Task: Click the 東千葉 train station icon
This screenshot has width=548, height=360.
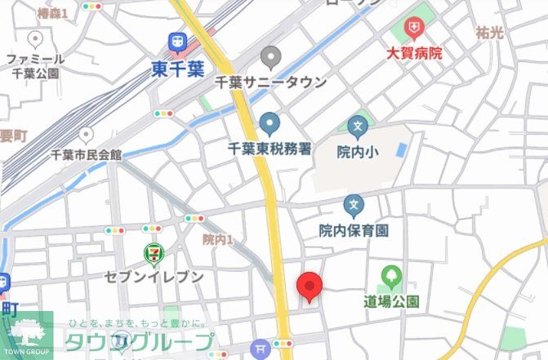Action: click(176, 41)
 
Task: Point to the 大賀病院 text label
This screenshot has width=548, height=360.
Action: click(414, 53)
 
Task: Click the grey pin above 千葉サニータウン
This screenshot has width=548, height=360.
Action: click(270, 58)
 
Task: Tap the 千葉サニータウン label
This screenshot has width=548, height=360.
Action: click(270, 82)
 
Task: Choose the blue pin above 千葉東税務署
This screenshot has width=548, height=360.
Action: click(270, 125)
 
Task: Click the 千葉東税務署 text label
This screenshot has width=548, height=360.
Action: click(270, 150)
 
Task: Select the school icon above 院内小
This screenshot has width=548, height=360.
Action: click(357, 127)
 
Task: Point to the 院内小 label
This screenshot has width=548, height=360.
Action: click(357, 151)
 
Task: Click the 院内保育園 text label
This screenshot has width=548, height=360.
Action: click(354, 231)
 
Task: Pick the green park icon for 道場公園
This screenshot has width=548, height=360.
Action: click(391, 276)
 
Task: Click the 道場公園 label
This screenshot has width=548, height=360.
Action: click(392, 301)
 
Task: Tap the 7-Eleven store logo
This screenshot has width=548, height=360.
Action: click(154, 253)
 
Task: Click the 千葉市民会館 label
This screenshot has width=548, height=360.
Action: click(86, 153)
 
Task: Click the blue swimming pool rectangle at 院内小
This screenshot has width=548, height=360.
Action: click(401, 150)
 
